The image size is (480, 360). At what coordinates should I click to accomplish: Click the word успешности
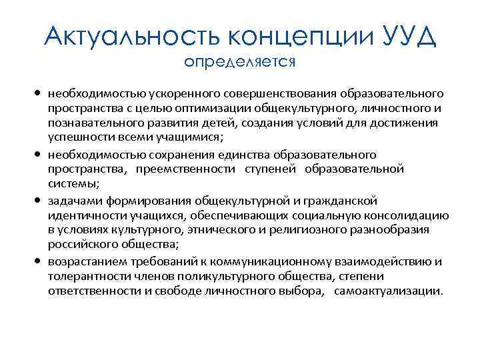(x=75, y=138)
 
